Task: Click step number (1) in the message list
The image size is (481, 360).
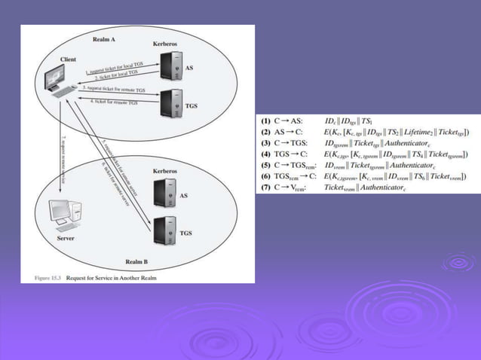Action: pyautogui.click(x=265, y=121)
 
